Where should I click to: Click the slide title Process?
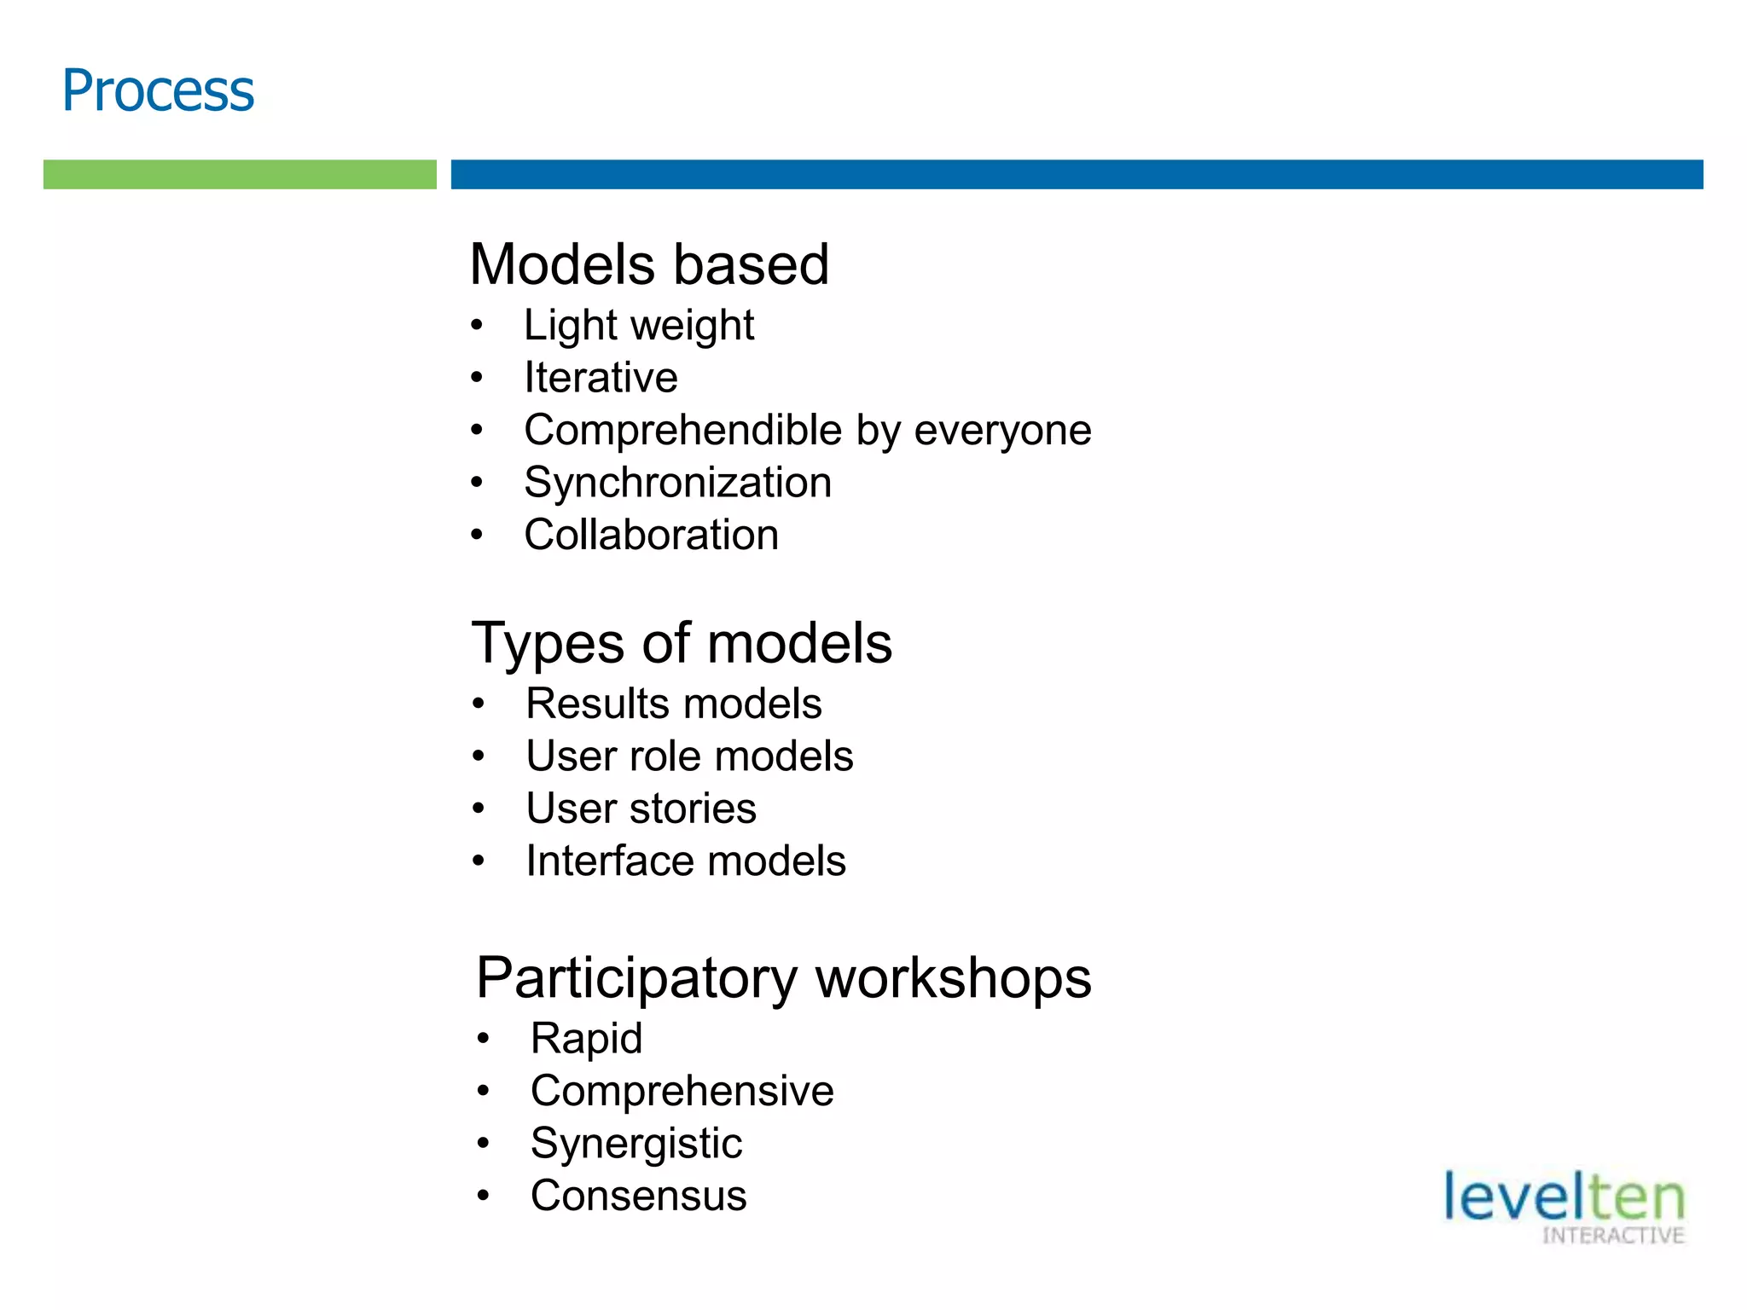click(158, 90)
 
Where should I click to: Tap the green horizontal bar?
click(240, 174)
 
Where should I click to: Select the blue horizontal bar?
click(1077, 174)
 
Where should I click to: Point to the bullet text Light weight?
click(639, 325)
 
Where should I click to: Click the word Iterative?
click(601, 377)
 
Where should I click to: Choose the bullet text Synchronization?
click(677, 483)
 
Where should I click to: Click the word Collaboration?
click(651, 535)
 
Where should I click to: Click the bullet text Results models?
click(673, 704)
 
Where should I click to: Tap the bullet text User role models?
click(689, 756)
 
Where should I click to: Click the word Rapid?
click(586, 1039)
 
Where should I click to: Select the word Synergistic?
click(636, 1144)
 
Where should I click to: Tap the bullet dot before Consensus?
click(484, 1196)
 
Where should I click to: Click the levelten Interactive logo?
click(1564, 1206)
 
